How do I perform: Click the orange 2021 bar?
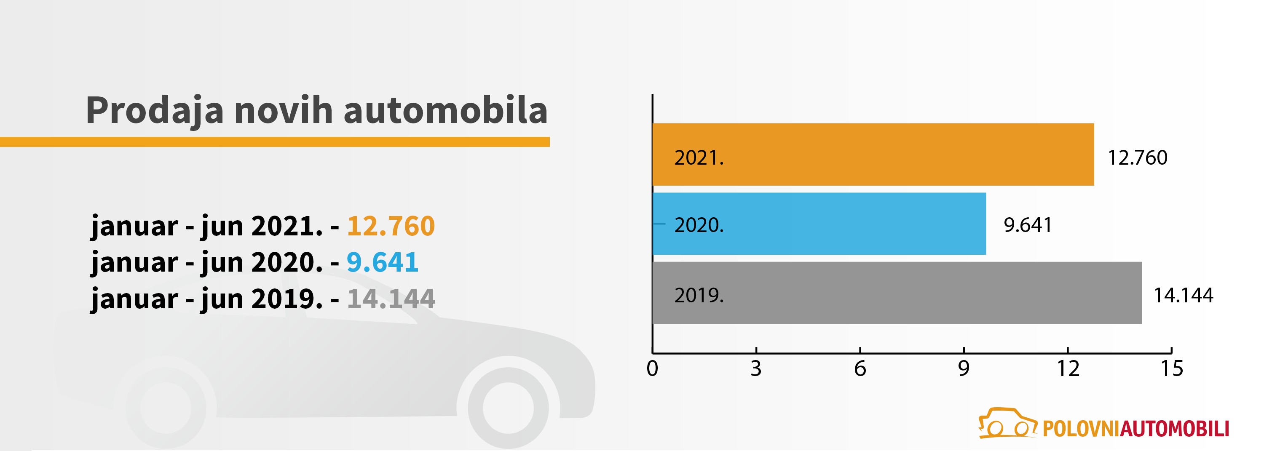(x=873, y=155)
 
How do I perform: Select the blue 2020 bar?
(x=819, y=224)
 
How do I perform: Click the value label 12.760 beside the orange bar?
(x=1138, y=158)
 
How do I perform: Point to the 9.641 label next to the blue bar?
(x=1028, y=225)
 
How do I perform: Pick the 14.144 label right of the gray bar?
(x=1183, y=295)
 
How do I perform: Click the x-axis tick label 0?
(x=652, y=368)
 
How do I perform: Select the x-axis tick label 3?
(x=756, y=368)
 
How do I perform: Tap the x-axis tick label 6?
(x=860, y=368)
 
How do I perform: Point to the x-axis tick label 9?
(x=964, y=368)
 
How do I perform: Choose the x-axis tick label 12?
(x=1068, y=368)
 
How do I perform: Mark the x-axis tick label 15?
(x=1172, y=368)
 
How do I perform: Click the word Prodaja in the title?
(x=155, y=111)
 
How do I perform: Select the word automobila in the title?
(x=445, y=110)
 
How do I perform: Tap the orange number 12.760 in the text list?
(x=391, y=226)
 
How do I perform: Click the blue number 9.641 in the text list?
(x=382, y=262)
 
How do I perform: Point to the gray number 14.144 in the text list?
(x=391, y=299)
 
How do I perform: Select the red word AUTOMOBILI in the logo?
(x=1175, y=428)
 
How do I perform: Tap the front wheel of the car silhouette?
(x=509, y=408)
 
